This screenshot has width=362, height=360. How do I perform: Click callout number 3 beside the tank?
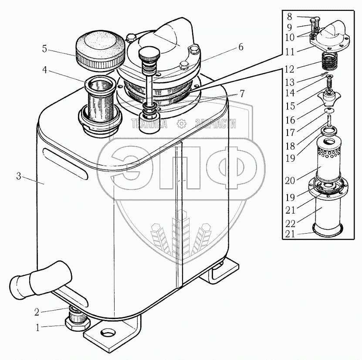pos(19,176)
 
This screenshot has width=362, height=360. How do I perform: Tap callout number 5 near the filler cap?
pos(44,49)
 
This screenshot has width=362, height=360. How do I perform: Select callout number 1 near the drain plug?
pos(38,327)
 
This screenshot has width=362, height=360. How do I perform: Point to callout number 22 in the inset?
pos(290,224)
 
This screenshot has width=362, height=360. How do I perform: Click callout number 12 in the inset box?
pos(290,69)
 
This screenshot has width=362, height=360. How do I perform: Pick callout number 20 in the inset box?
pos(290,180)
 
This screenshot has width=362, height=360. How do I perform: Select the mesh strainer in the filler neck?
pos(101,102)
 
